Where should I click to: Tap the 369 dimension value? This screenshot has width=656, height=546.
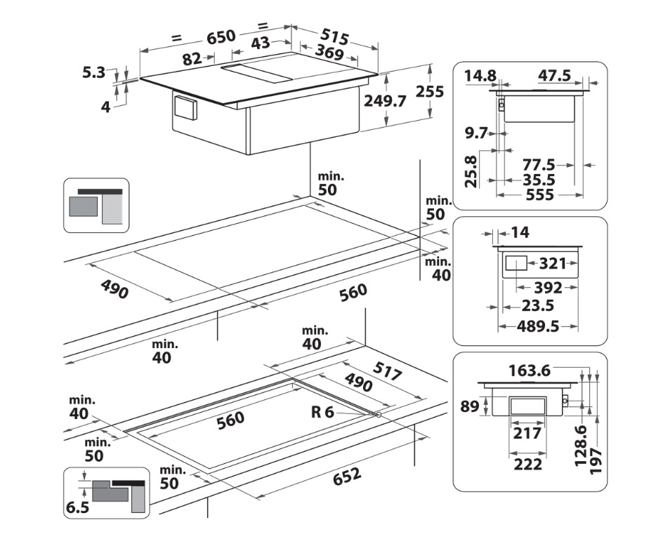pyautogui.click(x=329, y=53)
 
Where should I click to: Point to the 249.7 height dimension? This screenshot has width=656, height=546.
pyautogui.click(x=386, y=101)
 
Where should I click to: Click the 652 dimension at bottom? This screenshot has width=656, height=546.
pyautogui.click(x=347, y=477)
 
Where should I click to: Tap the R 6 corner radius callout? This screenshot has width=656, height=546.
pyautogui.click(x=322, y=412)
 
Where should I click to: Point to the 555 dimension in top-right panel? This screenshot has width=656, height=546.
pyautogui.click(x=539, y=194)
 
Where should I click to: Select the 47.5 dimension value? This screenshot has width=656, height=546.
pyautogui.click(x=555, y=75)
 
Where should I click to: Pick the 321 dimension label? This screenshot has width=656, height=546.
pyautogui.click(x=553, y=264)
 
